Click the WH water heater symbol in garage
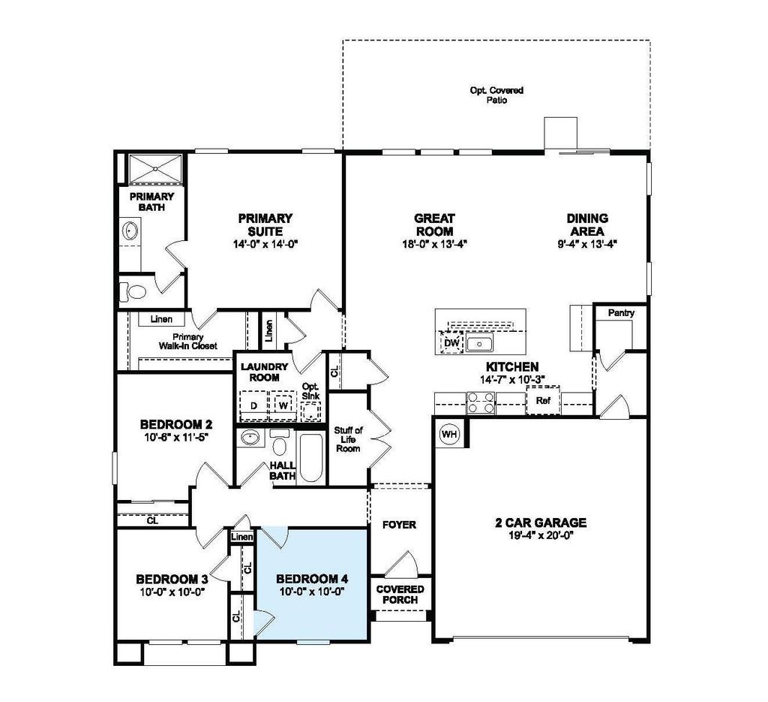coord(448,434)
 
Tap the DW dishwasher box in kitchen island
coord(451,343)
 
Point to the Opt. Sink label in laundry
coord(310,391)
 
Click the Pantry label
coord(622,313)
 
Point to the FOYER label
coord(399,525)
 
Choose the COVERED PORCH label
coord(400,594)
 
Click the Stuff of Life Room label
coord(348,439)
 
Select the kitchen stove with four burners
coord(481,404)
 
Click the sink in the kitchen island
coord(478,344)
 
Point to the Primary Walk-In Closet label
coord(187,342)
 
